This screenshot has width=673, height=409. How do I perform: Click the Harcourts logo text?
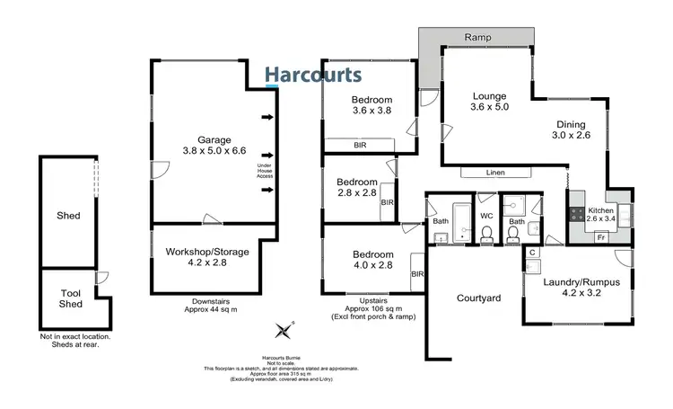(313, 76)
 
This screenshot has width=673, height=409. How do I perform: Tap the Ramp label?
(476, 38)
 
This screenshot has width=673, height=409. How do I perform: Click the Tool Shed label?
(70, 298)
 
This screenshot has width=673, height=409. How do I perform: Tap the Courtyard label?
(477, 298)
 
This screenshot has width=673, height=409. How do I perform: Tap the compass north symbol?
(284, 330)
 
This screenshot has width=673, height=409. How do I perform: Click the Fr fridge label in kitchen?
(601, 236)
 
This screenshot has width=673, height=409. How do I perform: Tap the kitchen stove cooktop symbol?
(573, 217)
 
